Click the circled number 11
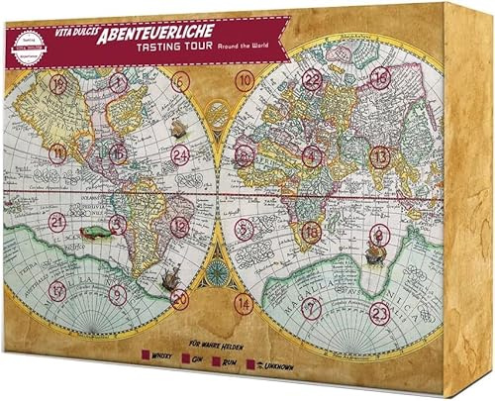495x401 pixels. (59, 152)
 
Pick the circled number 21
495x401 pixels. (58, 222)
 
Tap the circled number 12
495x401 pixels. (178, 225)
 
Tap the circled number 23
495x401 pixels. (378, 311)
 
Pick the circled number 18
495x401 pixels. (312, 231)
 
